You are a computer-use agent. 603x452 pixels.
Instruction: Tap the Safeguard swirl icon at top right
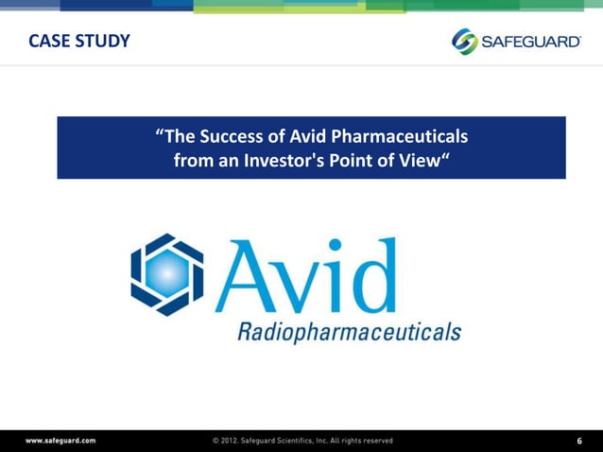point(465,42)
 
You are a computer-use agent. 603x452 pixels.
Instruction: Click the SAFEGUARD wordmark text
point(531,42)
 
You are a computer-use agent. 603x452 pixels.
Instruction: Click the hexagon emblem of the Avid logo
point(166,274)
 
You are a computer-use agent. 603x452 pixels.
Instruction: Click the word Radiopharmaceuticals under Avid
point(349,332)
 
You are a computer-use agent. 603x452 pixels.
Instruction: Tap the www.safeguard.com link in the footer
point(60,441)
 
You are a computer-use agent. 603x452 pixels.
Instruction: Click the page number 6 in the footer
point(579,441)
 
